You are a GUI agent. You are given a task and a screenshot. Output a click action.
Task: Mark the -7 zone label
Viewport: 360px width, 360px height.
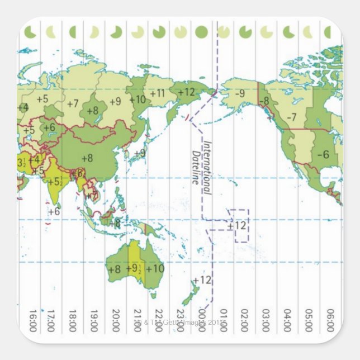click(291, 117)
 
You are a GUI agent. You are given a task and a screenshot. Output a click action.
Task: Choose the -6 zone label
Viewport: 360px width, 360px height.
click(323, 154)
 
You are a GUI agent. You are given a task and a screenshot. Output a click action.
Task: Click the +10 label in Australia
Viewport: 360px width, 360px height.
click(155, 268)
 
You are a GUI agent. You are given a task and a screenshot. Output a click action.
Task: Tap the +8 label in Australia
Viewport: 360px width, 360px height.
click(114, 268)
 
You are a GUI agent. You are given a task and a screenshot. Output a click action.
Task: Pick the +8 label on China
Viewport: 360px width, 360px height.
click(87, 158)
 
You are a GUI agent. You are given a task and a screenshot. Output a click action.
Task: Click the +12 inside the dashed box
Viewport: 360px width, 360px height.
click(237, 226)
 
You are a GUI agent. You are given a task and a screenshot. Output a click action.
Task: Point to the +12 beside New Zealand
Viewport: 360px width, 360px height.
click(202, 280)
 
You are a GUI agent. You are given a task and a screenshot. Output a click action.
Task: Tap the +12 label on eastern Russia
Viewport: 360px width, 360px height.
click(186, 92)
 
